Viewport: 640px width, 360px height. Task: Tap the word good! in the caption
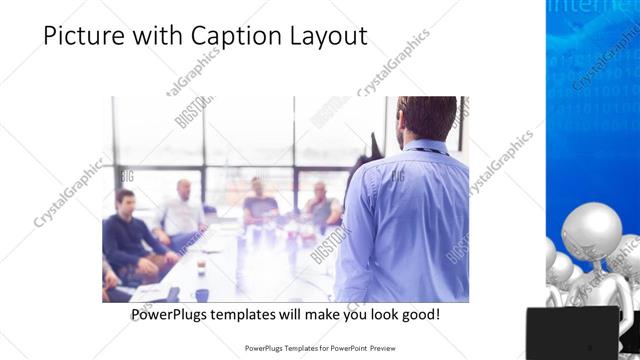pyautogui.click(x=418, y=314)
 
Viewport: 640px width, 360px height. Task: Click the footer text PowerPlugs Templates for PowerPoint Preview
pyautogui.click(x=320, y=349)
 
